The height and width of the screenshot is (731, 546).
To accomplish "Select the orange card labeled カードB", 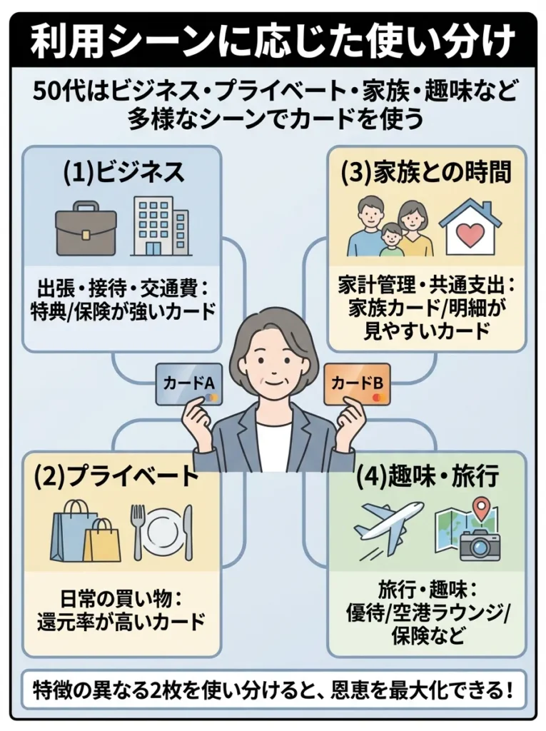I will click(x=357, y=384).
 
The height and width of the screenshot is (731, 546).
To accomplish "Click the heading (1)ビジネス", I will click(x=122, y=172).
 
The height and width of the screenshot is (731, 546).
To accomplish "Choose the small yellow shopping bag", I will click(x=102, y=540).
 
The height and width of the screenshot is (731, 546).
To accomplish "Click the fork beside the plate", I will click(x=137, y=531).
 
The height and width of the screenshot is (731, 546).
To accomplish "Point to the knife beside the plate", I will click(x=188, y=532).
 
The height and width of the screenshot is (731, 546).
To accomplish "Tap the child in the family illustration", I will click(x=390, y=240).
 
